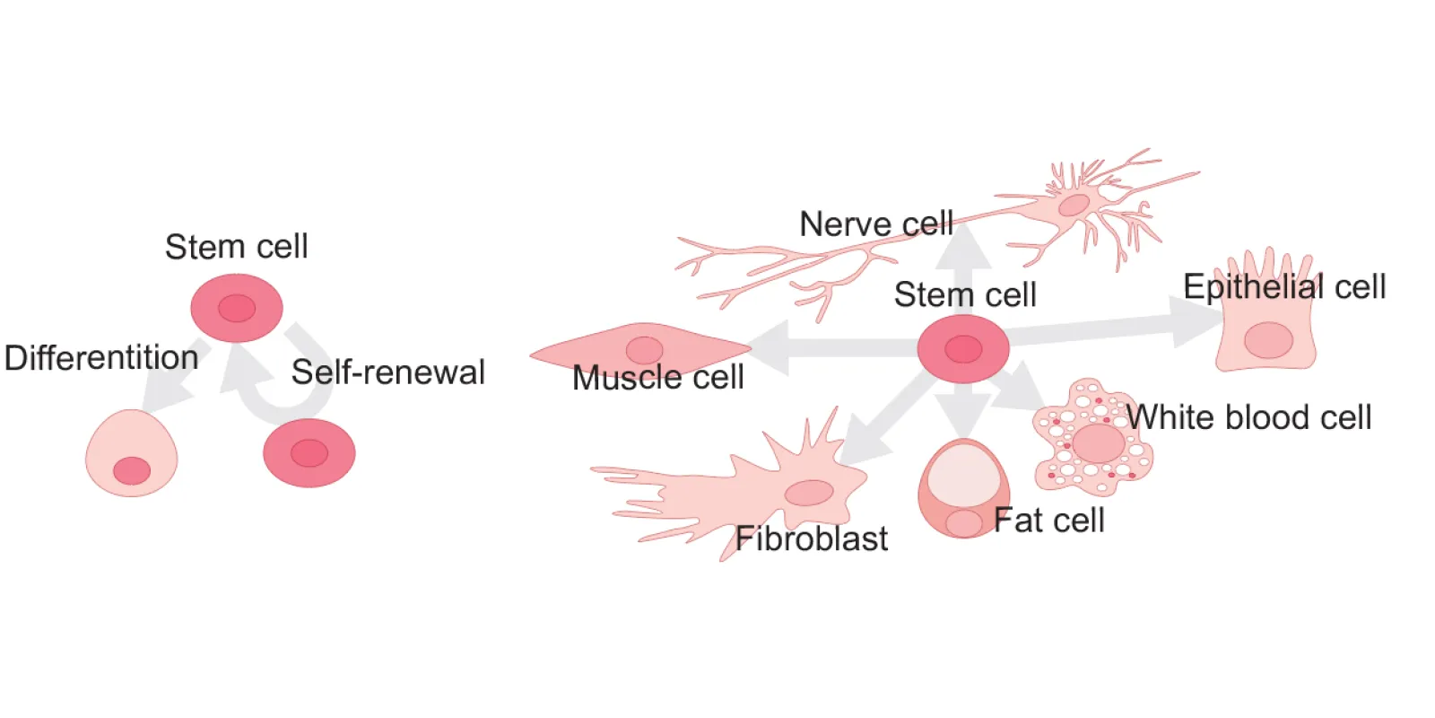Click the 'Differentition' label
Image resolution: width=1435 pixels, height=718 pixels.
[101, 358]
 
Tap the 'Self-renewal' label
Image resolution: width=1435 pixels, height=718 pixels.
[387, 372]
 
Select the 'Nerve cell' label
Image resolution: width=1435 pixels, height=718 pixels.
[875, 223]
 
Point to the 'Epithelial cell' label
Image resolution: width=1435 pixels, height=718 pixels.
[1283, 287]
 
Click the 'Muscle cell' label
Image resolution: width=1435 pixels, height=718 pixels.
[657, 378]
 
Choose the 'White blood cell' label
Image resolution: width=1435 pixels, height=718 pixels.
[1248, 417]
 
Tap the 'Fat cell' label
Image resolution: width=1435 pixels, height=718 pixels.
[1048, 521]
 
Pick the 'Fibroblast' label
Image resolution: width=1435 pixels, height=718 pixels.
[811, 538]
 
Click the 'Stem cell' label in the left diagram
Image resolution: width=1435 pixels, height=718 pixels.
[236, 247]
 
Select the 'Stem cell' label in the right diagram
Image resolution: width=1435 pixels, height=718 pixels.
[965, 294]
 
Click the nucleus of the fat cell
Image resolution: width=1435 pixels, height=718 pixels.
[963, 523]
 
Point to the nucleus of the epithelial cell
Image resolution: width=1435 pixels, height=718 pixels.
[1268, 341]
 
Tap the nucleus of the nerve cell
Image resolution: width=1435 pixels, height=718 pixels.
[1074, 206]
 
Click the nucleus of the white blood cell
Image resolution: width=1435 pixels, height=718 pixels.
[1099, 443]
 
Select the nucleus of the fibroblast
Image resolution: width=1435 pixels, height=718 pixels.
[809, 493]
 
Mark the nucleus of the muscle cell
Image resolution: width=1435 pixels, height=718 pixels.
[644, 350]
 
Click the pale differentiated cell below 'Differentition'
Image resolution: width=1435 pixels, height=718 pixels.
[131, 453]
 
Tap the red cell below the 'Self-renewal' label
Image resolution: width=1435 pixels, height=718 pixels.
[309, 453]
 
